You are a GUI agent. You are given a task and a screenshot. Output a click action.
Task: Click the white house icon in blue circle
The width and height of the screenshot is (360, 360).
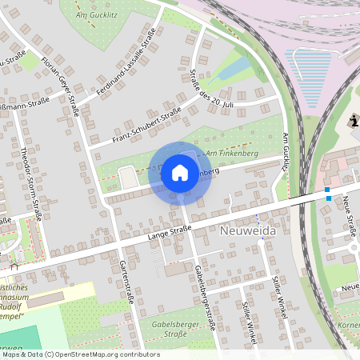click(179, 173)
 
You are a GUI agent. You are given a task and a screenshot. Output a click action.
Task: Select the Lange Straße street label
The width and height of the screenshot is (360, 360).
click(169, 232)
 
